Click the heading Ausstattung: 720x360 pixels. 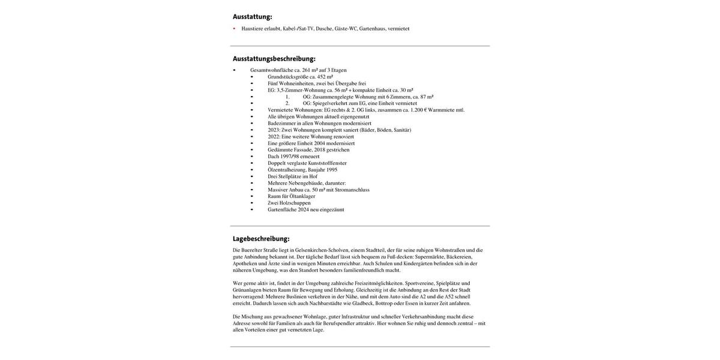tap(252, 17)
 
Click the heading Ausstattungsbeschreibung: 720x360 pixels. tap(274, 59)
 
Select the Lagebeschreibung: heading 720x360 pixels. tap(261, 239)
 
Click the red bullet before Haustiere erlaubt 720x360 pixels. tap(234, 29)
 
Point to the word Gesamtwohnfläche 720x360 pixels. tap(272, 70)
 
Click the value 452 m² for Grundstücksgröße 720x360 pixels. tap(325, 77)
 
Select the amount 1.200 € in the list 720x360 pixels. tap(418, 110)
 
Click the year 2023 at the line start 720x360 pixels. tap(274, 130)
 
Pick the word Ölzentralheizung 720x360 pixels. tap(287, 170)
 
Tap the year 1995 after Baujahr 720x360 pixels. tap(332, 170)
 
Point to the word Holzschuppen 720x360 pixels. tap(295, 203)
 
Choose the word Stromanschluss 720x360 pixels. tap(352, 190)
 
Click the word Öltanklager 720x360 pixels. tap(302, 196)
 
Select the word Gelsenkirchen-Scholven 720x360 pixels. tap(322, 250)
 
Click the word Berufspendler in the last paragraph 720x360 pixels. tap(339, 323)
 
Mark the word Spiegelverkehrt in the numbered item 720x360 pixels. tap(329, 103)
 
